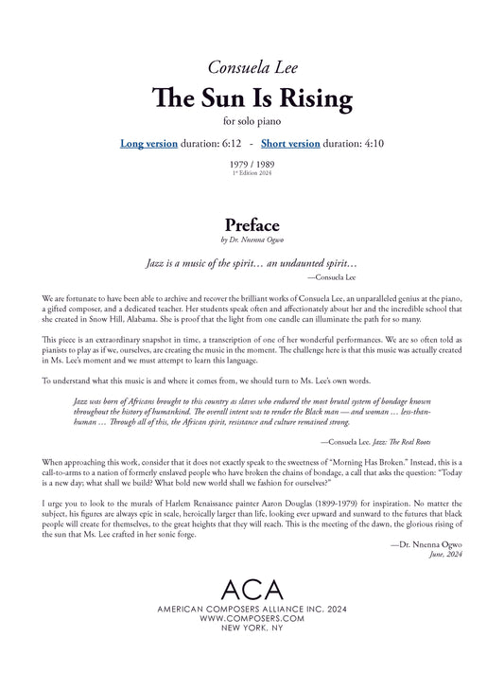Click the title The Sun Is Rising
click(252, 97)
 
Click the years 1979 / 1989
click(252, 165)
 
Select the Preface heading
click(252, 225)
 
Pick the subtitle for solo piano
click(252, 121)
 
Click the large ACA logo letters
click(252, 589)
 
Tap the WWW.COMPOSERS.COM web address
click(252, 618)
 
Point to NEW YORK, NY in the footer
click(252, 629)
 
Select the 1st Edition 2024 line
click(252, 174)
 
